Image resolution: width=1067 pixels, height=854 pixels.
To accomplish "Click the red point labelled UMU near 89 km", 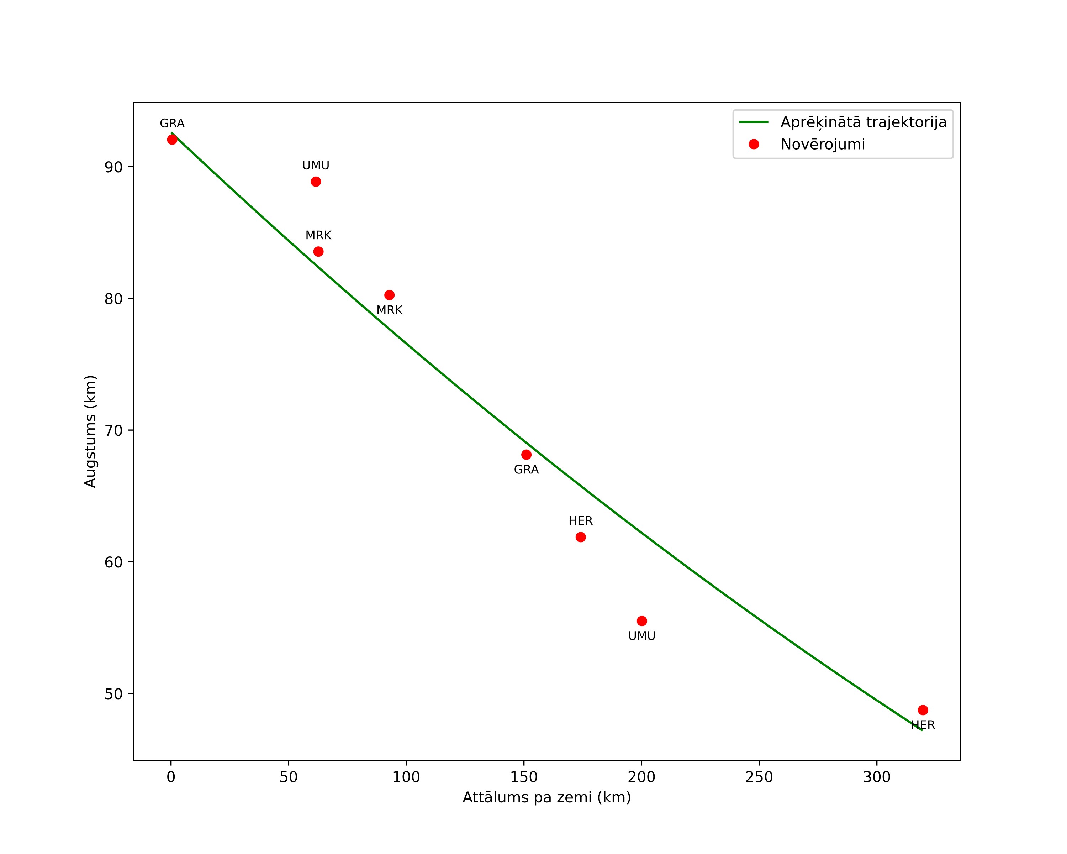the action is pos(316,182).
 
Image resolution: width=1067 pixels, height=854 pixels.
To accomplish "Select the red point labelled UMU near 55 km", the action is pos(642,621).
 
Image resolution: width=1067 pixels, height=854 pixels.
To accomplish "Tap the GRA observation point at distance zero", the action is pos(172,140).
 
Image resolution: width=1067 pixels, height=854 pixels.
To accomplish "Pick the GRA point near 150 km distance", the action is pos(527,455).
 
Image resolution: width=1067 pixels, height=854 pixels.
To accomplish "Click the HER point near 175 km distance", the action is pos(581,537).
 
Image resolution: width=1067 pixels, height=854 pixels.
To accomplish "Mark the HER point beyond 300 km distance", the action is pos(923,710).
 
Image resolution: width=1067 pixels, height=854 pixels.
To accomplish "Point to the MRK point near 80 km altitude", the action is pos(390,295).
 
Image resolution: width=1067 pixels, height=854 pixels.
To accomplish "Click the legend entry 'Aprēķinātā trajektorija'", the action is pos(863,122).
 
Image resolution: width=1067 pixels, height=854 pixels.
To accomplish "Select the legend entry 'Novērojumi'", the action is pos(823,145).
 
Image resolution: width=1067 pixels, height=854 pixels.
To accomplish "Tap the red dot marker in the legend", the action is pos(754,144).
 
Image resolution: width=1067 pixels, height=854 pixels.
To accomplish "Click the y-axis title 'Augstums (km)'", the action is pos(90,431).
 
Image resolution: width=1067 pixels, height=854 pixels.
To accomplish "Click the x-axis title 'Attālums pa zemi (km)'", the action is pos(547,797).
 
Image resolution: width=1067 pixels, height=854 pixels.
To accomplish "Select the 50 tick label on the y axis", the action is pos(113,694).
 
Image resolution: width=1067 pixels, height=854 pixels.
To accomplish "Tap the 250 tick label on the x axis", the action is pos(759,777).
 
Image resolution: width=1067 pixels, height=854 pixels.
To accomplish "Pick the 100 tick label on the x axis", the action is pos(406,777).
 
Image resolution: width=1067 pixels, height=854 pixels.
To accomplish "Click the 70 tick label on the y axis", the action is pos(113,431).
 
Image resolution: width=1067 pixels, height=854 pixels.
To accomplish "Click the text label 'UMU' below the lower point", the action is pos(642,636).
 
